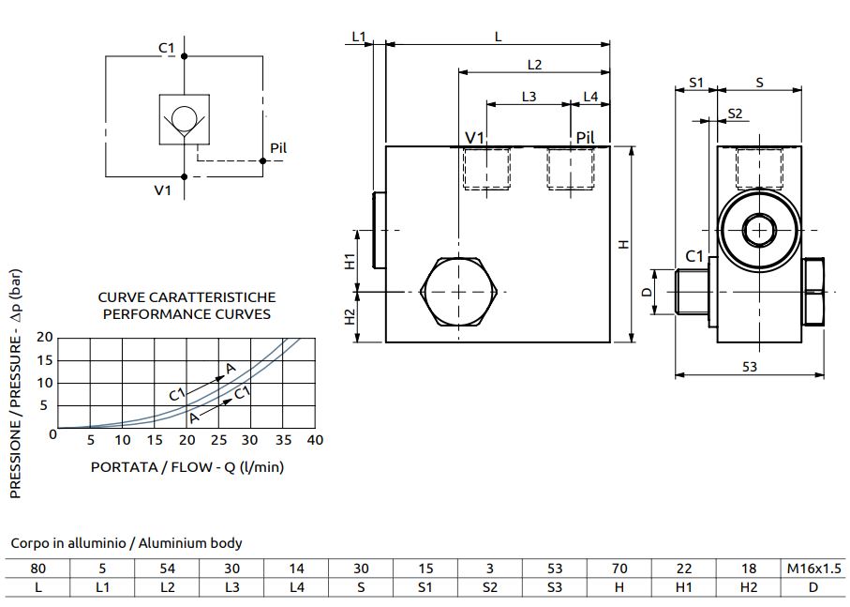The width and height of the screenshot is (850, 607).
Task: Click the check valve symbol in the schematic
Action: click(184, 119)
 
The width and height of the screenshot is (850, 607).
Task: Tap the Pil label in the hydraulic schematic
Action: click(277, 148)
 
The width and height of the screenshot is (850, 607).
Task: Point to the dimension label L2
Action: click(534, 65)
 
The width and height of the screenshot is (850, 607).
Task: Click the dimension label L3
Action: click(529, 97)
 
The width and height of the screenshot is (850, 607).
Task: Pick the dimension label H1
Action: click(350, 262)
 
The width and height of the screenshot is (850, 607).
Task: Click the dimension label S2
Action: click(735, 114)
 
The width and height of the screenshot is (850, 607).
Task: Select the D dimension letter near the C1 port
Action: click(646, 293)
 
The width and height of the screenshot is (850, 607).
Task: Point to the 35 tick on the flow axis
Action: click(282, 441)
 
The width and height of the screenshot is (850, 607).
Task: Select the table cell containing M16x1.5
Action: click(813, 569)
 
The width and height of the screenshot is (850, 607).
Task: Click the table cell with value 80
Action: click(38, 569)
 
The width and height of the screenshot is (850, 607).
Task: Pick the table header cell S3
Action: click(555, 587)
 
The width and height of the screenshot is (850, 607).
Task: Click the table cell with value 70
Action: click(619, 569)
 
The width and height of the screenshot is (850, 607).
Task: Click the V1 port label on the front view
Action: click(475, 139)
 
